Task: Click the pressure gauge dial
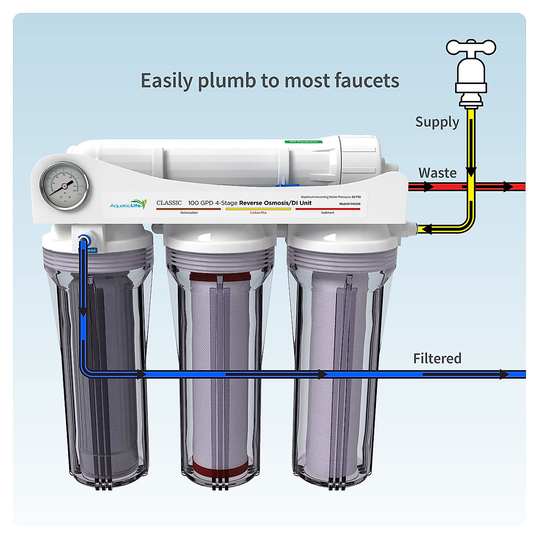[x=64, y=186]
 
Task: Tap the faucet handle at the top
[x=471, y=47]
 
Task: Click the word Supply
[x=437, y=122]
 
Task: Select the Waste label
[x=437, y=173]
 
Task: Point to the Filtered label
[x=437, y=358]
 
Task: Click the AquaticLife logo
[x=128, y=205]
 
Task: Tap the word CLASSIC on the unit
[x=169, y=203]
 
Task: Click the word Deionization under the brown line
[x=189, y=213]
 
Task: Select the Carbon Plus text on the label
[x=258, y=213]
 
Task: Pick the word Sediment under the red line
[x=327, y=213]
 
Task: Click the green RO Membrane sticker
[x=303, y=141]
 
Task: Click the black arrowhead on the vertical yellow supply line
[x=471, y=172]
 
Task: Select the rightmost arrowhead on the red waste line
[x=508, y=186]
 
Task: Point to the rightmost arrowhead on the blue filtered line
[x=504, y=374]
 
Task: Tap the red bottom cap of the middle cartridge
[x=220, y=468]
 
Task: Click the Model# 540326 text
[x=349, y=204]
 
